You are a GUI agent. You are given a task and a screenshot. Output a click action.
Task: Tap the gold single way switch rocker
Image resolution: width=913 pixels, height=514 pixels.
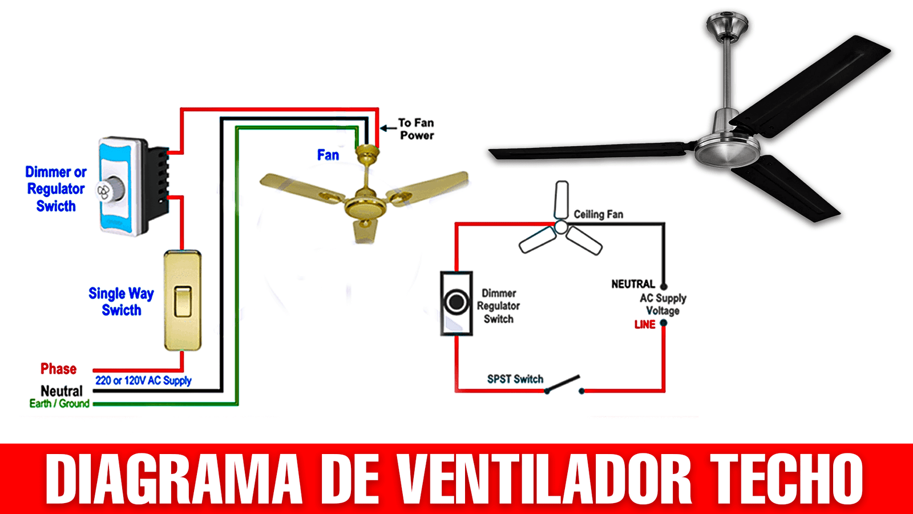click(x=183, y=302)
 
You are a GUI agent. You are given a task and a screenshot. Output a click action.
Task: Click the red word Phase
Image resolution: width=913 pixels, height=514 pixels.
click(x=58, y=369)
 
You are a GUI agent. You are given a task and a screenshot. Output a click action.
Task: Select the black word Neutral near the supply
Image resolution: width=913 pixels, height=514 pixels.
click(x=62, y=391)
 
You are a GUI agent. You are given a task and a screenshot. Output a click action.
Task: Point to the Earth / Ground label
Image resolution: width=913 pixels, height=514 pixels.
click(x=59, y=403)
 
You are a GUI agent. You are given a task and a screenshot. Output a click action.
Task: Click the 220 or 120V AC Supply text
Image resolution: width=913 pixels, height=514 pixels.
click(x=143, y=380)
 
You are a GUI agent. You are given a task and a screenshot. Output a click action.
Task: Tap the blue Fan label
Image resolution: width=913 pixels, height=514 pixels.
click(x=328, y=155)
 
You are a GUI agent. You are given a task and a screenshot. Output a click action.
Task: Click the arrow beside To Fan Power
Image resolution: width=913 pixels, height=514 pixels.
click(x=388, y=128)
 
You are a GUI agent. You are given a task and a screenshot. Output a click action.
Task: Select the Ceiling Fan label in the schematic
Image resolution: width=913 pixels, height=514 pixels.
click(x=599, y=214)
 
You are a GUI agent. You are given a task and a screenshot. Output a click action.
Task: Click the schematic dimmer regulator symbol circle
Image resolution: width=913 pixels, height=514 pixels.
click(x=457, y=302)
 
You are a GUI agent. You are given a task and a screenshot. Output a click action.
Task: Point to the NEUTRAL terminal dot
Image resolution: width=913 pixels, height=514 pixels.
click(x=664, y=286)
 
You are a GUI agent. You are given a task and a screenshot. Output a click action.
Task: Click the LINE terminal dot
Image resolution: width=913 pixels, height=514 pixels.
click(x=664, y=323)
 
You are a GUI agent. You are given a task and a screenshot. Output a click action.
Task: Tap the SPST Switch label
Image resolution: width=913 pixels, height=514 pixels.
click(x=515, y=379)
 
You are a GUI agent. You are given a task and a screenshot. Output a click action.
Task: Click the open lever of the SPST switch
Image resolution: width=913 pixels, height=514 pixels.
click(x=563, y=383)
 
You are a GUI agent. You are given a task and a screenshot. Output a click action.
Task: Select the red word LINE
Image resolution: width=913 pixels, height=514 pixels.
click(x=645, y=325)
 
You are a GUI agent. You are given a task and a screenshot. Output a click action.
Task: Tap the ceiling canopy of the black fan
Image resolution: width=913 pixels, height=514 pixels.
click(x=728, y=25)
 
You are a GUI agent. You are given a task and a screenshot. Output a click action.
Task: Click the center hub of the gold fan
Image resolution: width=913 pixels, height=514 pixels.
click(x=365, y=206)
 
